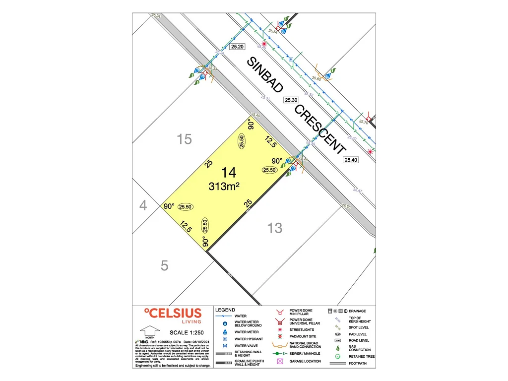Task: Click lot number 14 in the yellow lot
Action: [x=229, y=173]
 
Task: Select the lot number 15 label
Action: [x=184, y=139]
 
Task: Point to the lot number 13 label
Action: [x=275, y=228]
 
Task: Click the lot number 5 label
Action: [x=165, y=266]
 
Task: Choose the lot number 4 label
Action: [x=143, y=205]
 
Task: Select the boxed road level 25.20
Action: [x=238, y=46]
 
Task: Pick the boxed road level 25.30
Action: [x=291, y=100]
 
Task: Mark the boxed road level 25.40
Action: [x=350, y=160]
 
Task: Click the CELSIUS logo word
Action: [x=173, y=313]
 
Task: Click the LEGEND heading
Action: [x=225, y=310]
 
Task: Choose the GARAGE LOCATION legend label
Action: [x=305, y=361]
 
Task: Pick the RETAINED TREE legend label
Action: [x=361, y=356]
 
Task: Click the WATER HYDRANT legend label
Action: [x=249, y=339]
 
